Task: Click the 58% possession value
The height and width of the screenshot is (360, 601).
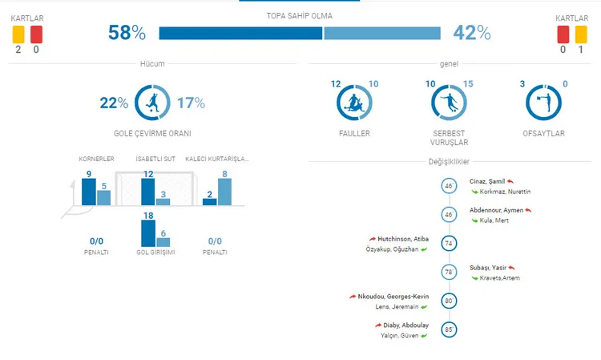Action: pos(127,33)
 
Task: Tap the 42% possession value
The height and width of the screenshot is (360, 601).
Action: pos(472,33)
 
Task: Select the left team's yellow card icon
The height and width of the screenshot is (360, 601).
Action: pos(18,34)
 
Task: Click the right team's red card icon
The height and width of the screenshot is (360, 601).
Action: pos(563,34)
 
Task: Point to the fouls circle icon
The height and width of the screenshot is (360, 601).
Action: pos(337,103)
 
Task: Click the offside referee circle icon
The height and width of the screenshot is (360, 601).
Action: pos(526,103)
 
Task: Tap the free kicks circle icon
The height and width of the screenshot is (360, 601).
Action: pos(432,103)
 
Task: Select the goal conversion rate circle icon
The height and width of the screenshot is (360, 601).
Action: pos(135,103)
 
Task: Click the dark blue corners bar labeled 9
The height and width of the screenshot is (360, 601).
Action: pos(89,192)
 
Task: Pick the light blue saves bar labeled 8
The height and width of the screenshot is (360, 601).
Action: pos(224,192)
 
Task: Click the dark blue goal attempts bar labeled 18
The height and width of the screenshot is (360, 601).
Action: pos(148,233)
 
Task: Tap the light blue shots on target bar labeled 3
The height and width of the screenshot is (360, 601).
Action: pos(163,202)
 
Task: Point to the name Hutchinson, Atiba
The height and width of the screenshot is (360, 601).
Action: pos(403,239)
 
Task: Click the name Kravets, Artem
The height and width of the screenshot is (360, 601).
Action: pos(500,278)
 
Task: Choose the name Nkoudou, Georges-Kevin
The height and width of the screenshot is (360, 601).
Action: pos(393,297)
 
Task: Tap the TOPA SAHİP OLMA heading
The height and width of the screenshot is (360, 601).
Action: pos(300,16)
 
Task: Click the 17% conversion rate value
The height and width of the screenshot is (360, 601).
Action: pos(191,103)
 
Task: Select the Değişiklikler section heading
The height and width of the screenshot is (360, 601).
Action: pos(449,161)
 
